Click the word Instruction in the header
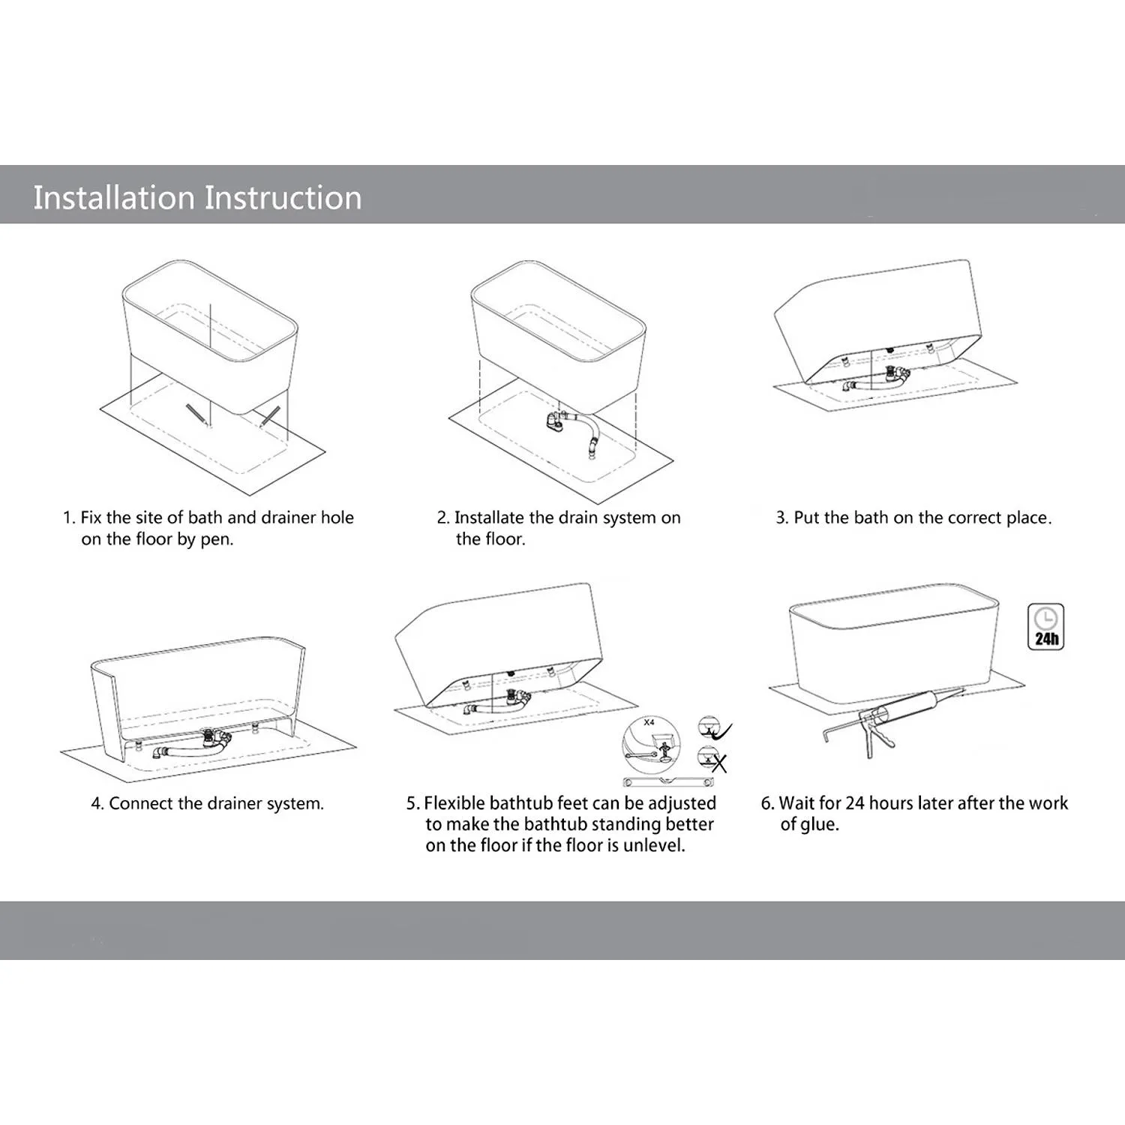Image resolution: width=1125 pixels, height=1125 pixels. [x=283, y=198]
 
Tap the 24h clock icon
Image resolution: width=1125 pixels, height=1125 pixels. [x=1045, y=626]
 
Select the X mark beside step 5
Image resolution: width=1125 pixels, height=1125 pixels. [x=718, y=763]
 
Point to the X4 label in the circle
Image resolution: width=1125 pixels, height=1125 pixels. [x=649, y=722]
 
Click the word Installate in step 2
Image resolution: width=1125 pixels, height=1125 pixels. [x=489, y=517]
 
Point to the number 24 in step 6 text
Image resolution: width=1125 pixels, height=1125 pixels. [x=855, y=803]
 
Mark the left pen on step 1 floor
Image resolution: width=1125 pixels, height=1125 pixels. [x=196, y=415]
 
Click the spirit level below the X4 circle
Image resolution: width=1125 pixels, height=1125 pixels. [x=668, y=782]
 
